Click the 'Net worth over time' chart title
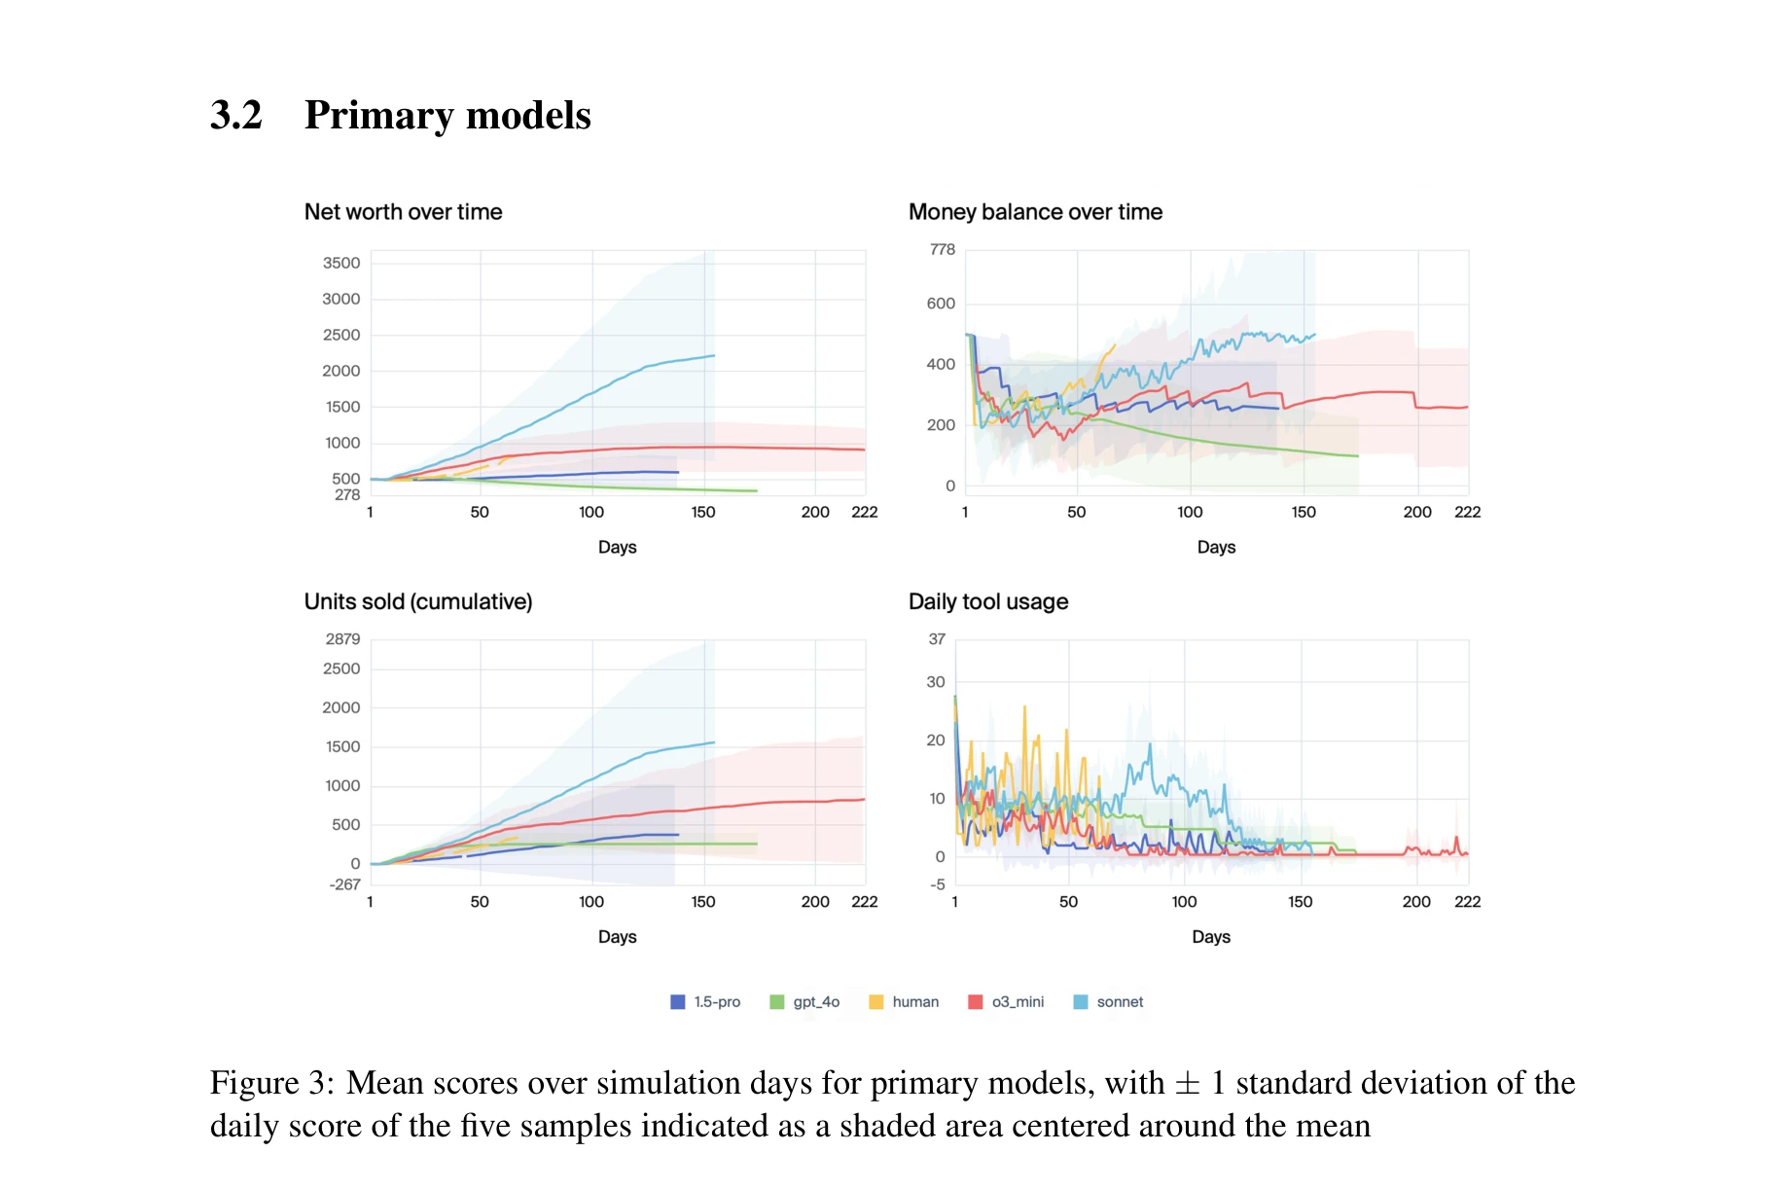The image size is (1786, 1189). [x=403, y=212]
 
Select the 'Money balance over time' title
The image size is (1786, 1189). [x=1035, y=212]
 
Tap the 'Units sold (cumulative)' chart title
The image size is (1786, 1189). [x=418, y=601]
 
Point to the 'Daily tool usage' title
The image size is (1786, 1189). [x=988, y=601]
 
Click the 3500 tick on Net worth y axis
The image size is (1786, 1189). [x=341, y=263]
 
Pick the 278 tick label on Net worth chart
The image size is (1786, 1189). [x=347, y=495]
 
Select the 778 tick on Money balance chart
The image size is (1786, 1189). [x=943, y=250]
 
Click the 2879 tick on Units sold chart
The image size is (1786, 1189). [x=342, y=639]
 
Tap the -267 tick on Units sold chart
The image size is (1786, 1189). [x=344, y=884]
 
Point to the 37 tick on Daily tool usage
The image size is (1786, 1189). [x=937, y=639]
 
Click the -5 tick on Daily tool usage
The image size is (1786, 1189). [x=937, y=884]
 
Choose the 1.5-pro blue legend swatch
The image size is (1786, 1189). [x=678, y=1002]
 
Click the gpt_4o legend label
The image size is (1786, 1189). [x=816, y=1002]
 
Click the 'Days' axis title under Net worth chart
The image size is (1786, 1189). [x=617, y=547]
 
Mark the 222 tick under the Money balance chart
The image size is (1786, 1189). [x=1467, y=512]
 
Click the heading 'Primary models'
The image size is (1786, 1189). [x=447, y=115]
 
